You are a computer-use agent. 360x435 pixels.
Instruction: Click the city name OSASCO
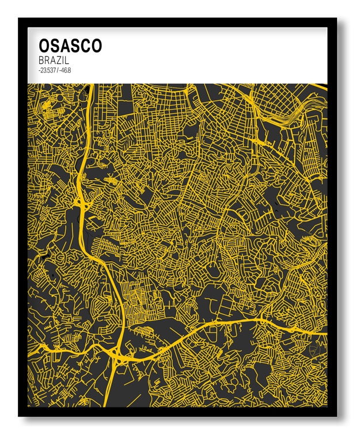(x=70, y=46)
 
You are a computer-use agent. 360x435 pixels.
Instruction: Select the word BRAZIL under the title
(x=55, y=60)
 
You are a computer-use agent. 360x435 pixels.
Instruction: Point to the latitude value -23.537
(x=48, y=70)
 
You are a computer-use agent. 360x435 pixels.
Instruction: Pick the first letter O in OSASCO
(x=44, y=46)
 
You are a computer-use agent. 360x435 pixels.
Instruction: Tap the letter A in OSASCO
(x=64, y=46)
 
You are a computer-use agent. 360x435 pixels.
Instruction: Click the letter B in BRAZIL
(x=41, y=60)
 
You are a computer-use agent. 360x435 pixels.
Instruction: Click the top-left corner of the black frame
(x=19, y=19)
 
